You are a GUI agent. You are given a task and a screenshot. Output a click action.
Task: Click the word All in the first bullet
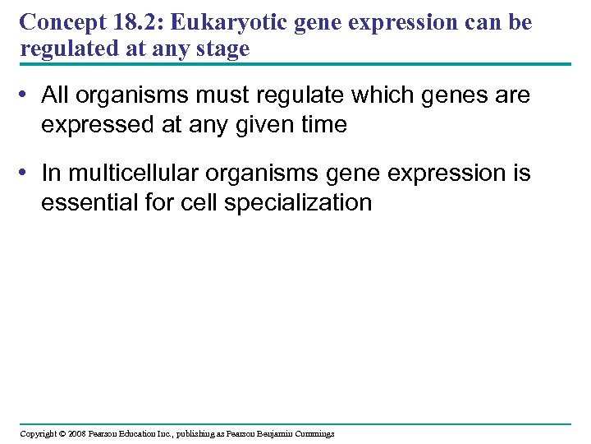click(55, 95)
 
